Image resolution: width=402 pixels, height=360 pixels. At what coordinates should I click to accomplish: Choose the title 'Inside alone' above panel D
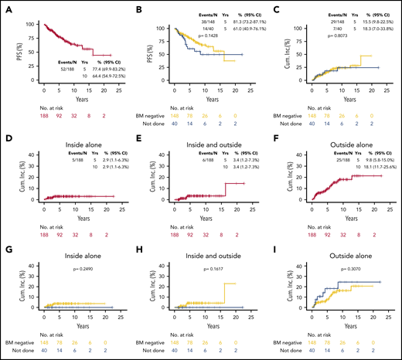coord(73,130)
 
